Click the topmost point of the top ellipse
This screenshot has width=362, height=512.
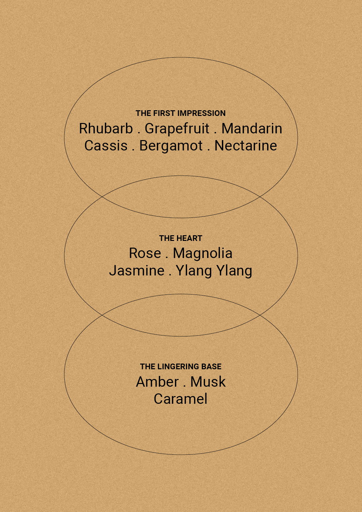(181, 57)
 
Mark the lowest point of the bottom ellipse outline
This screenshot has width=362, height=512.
(181, 455)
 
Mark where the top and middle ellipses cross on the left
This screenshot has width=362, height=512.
(102, 197)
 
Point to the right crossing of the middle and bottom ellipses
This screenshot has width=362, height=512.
(260, 315)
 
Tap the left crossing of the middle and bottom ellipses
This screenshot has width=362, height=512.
(102, 315)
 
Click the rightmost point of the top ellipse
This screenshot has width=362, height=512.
(298, 137)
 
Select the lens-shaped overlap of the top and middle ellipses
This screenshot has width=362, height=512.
(181, 197)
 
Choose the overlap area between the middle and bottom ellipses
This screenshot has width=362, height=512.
(181, 315)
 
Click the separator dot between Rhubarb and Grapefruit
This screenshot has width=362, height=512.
(139, 133)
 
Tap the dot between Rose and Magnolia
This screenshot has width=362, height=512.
(167, 258)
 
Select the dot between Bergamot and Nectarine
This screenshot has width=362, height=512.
(208, 150)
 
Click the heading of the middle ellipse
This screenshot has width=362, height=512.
(181, 238)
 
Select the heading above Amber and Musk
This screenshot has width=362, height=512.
(181, 367)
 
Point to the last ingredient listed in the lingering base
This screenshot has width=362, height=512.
(181, 399)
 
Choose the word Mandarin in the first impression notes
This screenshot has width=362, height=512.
(252, 128)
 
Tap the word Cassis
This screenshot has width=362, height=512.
(106, 146)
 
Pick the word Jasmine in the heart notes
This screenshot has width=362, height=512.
(137, 271)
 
